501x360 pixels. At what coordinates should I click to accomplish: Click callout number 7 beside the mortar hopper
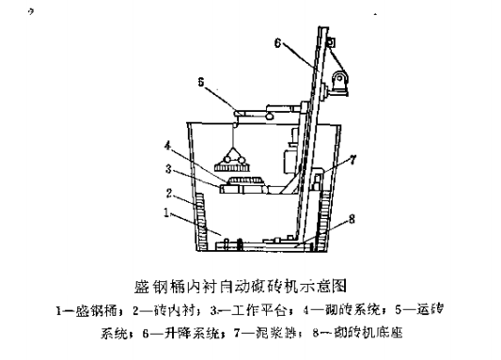tap(353, 161)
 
